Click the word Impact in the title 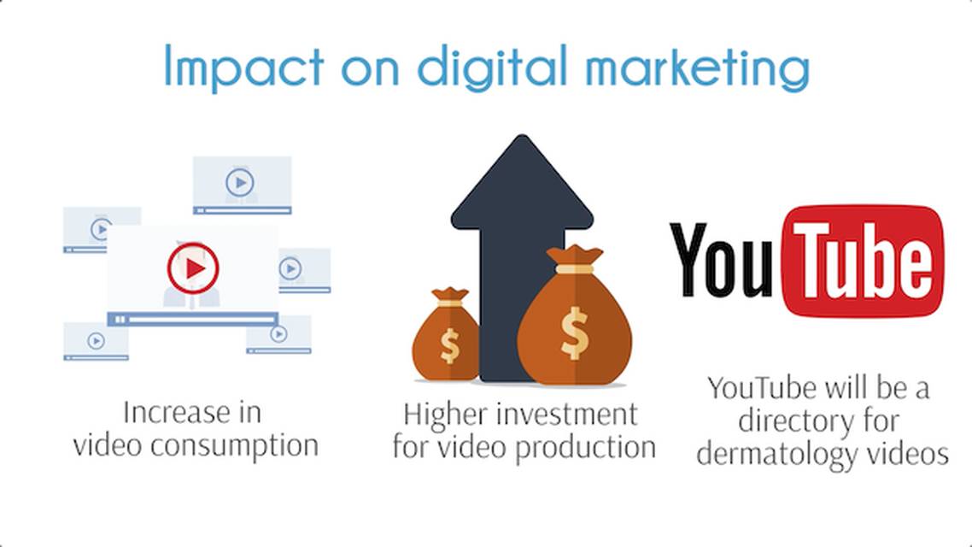tap(244, 67)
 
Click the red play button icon tap(193, 268)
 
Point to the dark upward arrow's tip tap(522, 137)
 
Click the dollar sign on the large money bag tap(574, 333)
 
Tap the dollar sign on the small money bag tap(449, 345)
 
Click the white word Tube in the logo tap(863, 261)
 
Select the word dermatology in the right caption tap(777, 454)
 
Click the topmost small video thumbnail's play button tap(240, 182)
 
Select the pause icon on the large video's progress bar tap(120, 320)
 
